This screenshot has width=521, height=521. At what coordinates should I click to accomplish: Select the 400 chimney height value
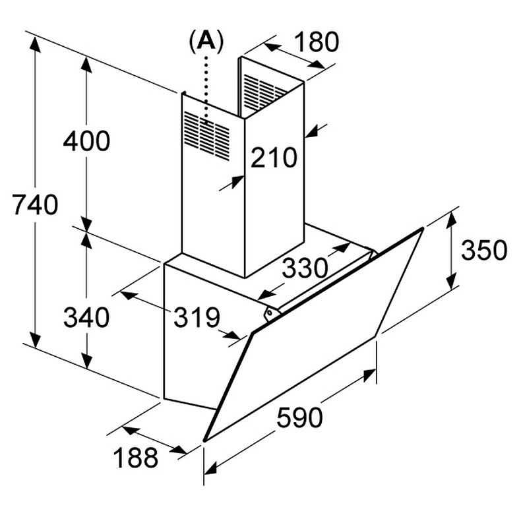[x=86, y=141]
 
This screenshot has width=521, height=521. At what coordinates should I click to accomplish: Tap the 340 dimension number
[x=86, y=317]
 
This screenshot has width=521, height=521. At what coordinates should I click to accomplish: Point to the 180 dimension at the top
[x=315, y=42]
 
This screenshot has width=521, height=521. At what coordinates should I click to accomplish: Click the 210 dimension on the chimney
[x=274, y=158]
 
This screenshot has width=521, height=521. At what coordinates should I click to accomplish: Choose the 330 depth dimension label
[x=305, y=268]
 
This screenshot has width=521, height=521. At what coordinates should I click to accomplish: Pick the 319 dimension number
[x=196, y=318]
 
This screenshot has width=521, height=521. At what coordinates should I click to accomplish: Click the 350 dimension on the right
[x=483, y=251]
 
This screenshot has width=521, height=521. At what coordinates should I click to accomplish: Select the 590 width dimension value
[x=299, y=417]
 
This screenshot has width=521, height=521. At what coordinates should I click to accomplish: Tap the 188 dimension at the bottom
[x=135, y=457]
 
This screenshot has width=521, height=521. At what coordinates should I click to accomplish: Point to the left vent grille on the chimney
[x=206, y=135]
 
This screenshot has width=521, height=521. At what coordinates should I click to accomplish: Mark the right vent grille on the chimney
[x=265, y=90]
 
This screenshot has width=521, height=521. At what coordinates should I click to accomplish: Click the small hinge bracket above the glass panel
[x=269, y=314]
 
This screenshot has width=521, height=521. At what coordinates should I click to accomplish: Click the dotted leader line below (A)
[x=207, y=86]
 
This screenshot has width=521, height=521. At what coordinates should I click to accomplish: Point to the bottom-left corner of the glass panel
[x=205, y=439]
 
